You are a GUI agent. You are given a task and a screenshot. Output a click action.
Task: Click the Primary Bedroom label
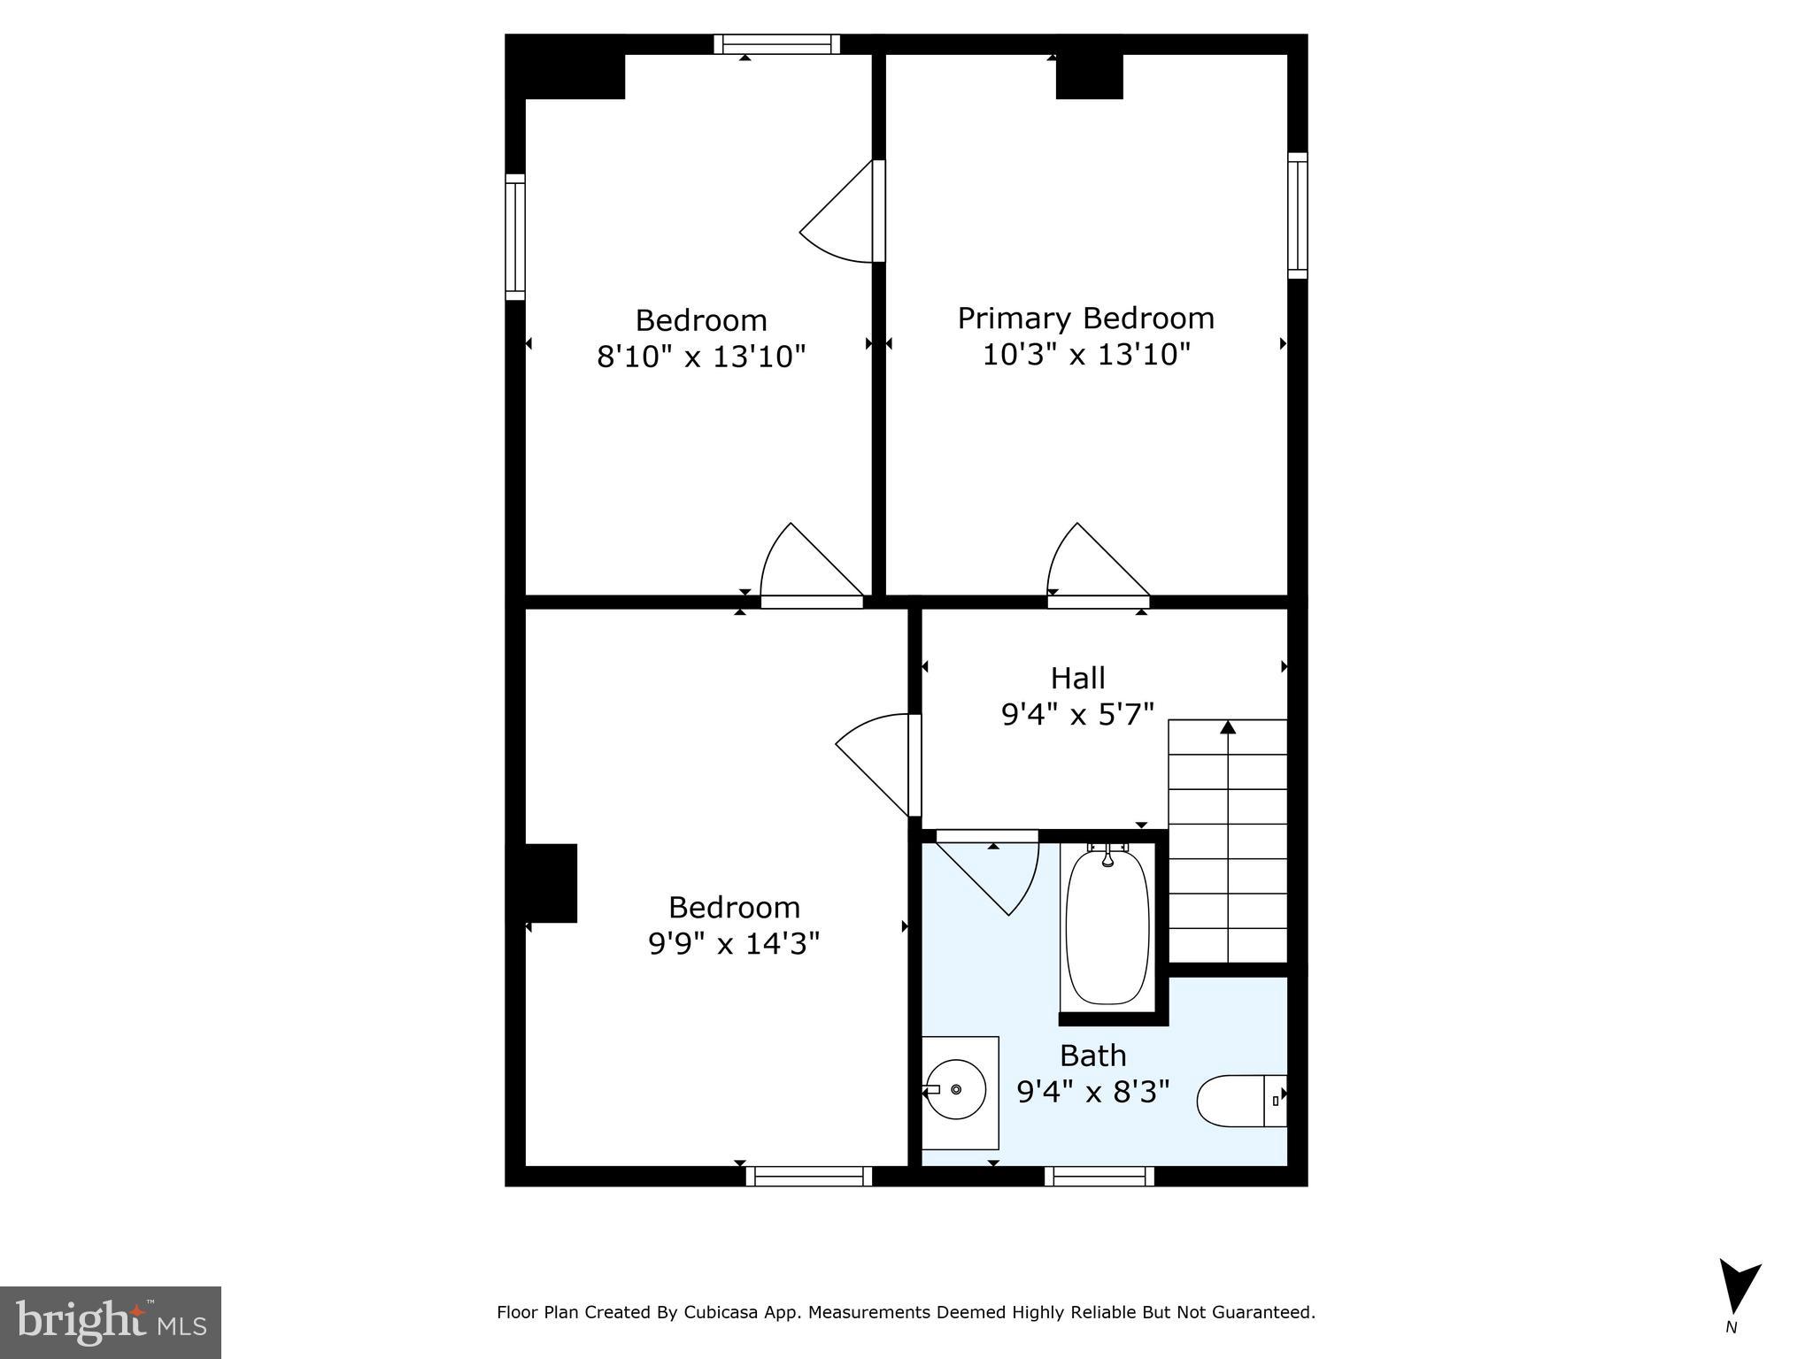1085,319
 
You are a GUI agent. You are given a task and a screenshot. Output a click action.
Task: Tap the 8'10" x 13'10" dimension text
701,357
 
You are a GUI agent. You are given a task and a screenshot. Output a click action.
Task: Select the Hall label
1077,679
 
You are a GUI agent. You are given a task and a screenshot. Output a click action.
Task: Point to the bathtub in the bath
1107,925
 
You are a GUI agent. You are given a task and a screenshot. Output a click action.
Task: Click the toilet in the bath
1239,1101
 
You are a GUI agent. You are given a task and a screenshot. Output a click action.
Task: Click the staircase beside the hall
1228,841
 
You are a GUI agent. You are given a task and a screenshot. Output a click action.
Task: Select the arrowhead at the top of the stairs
1228,727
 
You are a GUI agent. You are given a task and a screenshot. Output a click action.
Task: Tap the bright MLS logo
111,1323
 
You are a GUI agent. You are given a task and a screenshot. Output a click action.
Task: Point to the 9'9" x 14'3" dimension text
734,944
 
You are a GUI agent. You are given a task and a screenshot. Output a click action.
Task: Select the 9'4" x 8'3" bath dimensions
1093,1092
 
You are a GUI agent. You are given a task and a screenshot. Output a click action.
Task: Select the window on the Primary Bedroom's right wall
1297,215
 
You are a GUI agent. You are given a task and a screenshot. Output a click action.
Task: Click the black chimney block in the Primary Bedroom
1089,76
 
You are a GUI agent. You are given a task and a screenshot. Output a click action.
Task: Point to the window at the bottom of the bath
1099,1176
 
